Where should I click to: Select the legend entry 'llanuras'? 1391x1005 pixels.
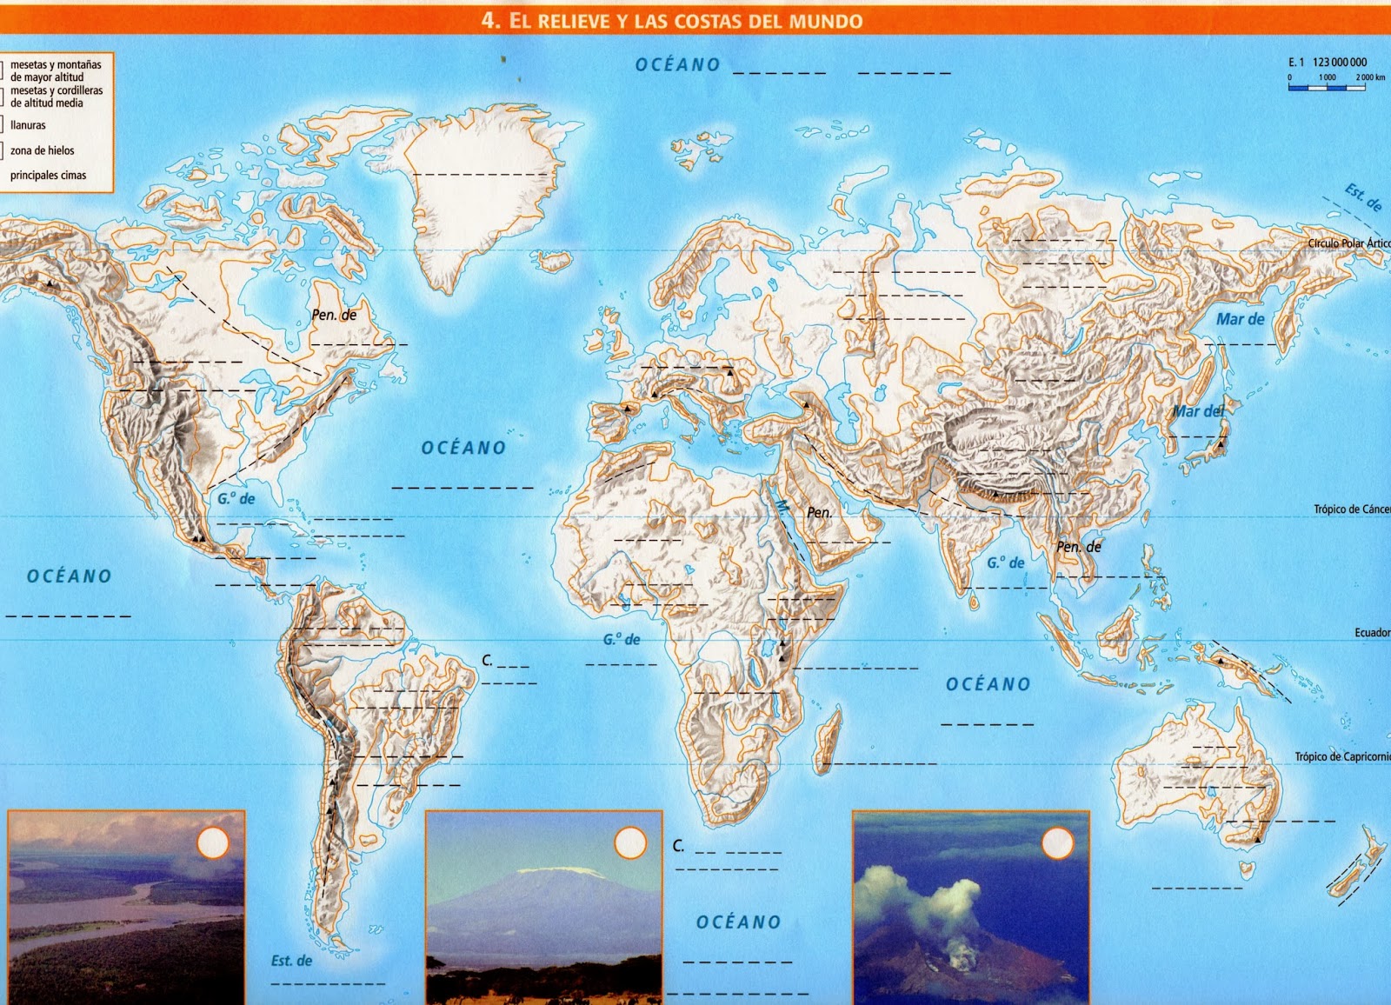click(28, 125)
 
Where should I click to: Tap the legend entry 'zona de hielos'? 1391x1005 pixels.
click(42, 150)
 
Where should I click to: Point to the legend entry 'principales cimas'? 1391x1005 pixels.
click(48, 175)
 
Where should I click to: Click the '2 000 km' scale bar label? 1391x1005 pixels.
click(1369, 77)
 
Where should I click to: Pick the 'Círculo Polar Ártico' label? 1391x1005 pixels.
click(1348, 243)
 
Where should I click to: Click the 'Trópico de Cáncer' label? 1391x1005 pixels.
click(1350, 509)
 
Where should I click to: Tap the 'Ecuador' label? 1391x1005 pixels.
click(1371, 633)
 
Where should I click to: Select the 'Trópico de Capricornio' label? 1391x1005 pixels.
click(1341, 757)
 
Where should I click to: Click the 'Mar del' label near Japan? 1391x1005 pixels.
click(1197, 411)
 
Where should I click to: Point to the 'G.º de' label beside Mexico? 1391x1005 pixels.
click(236, 499)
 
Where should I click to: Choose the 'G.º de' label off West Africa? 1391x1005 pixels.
click(622, 640)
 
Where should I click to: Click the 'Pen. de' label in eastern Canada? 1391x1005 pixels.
click(334, 315)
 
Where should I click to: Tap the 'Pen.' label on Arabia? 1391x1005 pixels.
click(819, 513)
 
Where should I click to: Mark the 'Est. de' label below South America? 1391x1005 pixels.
click(290, 961)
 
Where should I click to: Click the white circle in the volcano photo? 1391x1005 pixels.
click(1058, 843)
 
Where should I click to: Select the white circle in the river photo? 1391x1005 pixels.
click(213, 842)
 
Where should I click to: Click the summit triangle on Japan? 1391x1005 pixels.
click(1221, 444)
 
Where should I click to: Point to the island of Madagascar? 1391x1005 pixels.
click(827, 739)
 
